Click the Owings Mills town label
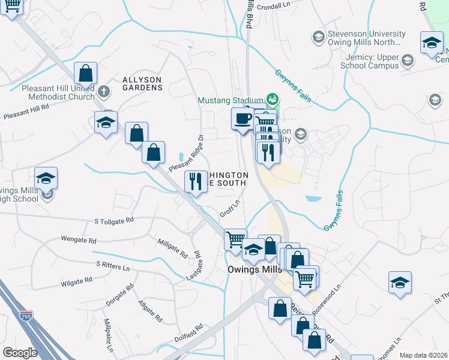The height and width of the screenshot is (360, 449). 255,269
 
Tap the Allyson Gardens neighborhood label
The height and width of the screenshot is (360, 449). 142,83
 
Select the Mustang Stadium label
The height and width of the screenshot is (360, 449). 231,99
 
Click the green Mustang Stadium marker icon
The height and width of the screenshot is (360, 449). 273,99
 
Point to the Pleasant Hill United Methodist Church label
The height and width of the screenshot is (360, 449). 58,92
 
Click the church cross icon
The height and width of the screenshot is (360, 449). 104,91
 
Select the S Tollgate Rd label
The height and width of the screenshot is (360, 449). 114,221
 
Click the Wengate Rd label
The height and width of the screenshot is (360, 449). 79,239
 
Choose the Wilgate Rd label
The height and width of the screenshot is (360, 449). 76,280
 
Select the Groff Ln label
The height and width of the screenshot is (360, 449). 230,209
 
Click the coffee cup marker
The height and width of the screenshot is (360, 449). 243,118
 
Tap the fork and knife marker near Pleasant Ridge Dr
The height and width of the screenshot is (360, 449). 196,181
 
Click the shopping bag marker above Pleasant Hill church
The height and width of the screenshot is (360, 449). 86,73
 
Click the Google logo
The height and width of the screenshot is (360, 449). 19,353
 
